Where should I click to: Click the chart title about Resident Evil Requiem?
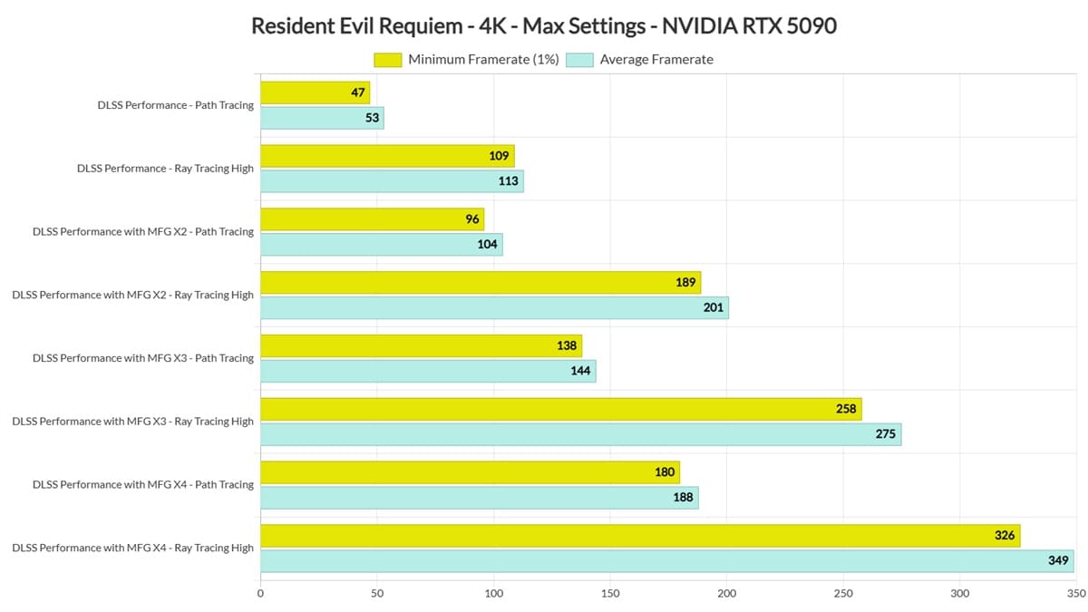click(x=543, y=25)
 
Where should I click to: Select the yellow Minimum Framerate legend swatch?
click(x=387, y=60)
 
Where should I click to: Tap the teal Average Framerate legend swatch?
click(x=579, y=60)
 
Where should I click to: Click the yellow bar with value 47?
click(x=315, y=92)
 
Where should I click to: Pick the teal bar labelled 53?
click(x=322, y=118)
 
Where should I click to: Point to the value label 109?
click(x=499, y=156)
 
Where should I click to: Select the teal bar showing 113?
click(x=392, y=181)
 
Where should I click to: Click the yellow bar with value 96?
click(x=372, y=219)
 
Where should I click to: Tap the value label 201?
click(x=714, y=307)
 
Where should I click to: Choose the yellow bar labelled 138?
click(x=421, y=345)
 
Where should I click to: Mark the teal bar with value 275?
click(x=580, y=434)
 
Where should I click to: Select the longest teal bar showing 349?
click(x=666, y=560)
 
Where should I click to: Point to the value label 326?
click(x=1005, y=536)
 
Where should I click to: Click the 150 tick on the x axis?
click(x=610, y=594)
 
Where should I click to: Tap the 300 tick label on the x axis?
click(x=960, y=594)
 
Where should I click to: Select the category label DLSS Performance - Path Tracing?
click(x=176, y=105)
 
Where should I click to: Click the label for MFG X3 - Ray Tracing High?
click(x=133, y=422)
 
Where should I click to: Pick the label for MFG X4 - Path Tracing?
click(x=143, y=484)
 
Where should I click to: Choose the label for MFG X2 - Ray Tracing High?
click(x=133, y=295)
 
